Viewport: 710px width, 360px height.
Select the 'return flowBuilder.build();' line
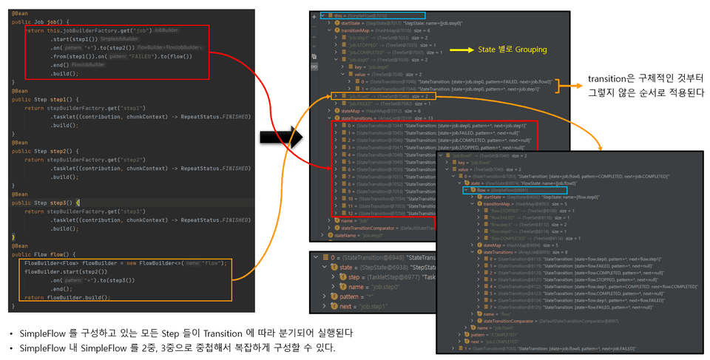[67, 297]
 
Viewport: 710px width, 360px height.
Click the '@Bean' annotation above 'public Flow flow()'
[20, 245]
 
